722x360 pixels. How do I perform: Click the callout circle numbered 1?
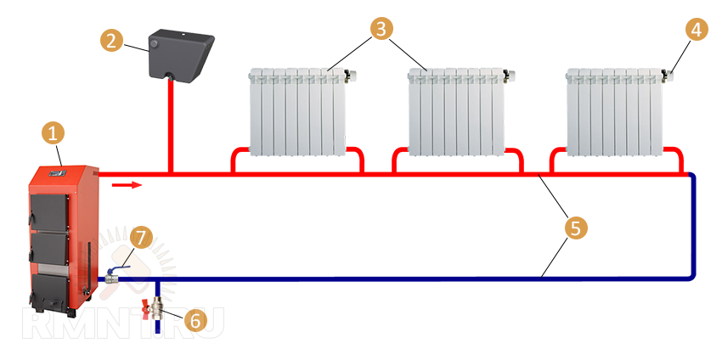coord(54,132)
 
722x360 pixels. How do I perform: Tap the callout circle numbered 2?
coord(111,40)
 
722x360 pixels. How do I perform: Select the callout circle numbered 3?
coord(382,28)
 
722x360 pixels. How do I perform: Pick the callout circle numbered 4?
coord(696,29)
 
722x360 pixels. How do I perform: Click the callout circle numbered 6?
coord(195,320)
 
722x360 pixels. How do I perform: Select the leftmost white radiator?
coord(297,112)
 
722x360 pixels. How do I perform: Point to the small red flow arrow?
coord(123,183)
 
